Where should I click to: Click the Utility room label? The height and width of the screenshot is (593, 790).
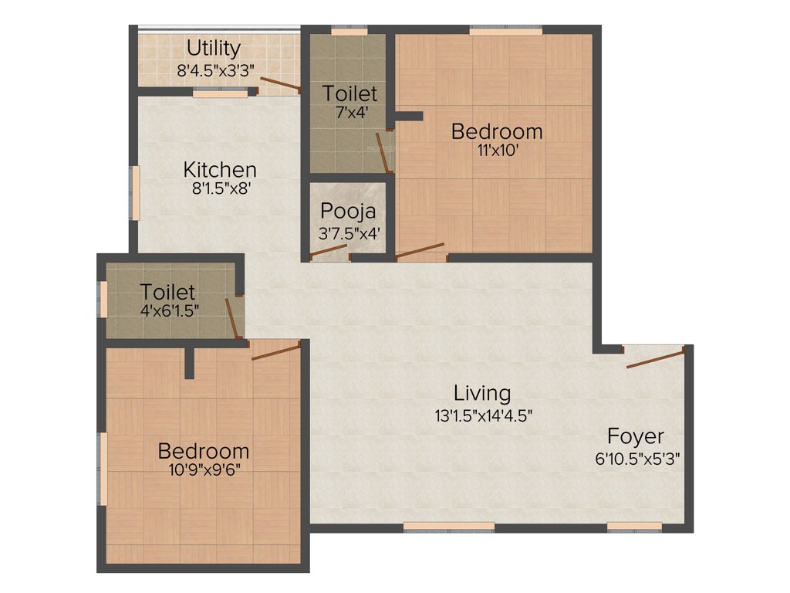(x=213, y=49)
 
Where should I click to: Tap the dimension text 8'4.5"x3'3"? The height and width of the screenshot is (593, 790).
(x=216, y=69)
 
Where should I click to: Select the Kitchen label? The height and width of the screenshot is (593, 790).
(x=220, y=169)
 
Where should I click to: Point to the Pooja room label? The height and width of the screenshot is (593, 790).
(x=348, y=211)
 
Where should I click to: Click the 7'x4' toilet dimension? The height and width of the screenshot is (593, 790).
(x=350, y=112)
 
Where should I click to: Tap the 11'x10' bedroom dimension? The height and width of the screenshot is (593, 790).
(x=497, y=151)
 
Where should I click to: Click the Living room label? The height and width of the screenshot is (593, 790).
(x=481, y=393)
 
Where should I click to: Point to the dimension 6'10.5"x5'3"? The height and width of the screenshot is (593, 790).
(x=637, y=456)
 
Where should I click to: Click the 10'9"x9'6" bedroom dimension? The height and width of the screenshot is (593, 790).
(x=204, y=470)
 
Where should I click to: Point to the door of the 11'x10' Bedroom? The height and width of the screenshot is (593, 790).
(x=420, y=251)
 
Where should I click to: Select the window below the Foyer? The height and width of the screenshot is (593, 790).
(x=634, y=527)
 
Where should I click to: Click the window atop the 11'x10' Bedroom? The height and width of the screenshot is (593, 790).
(x=505, y=32)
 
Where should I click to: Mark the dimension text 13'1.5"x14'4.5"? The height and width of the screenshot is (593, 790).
(x=484, y=415)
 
